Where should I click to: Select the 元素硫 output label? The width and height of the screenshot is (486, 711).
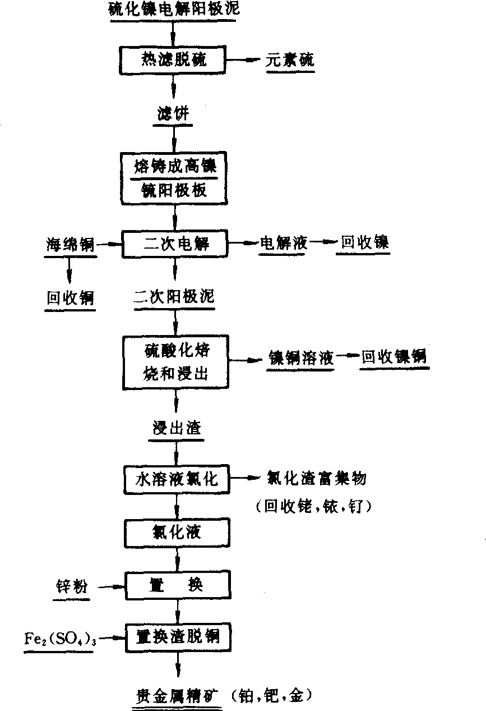pyautogui.click(x=289, y=60)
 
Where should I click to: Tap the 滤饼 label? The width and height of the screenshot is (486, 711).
pyautogui.click(x=173, y=114)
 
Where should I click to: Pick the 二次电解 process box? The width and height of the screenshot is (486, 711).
pyautogui.click(x=175, y=244)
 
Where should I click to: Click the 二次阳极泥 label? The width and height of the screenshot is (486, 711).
pyautogui.click(x=174, y=297)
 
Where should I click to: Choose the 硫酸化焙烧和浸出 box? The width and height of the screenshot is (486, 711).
pyautogui.click(x=176, y=361)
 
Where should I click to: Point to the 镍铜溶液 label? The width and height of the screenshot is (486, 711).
pyautogui.click(x=300, y=357)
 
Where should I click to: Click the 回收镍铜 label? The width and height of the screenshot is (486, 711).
pyautogui.click(x=394, y=356)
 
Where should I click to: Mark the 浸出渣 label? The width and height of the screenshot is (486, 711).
pyautogui.click(x=177, y=428)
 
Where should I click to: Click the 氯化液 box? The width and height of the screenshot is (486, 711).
pyautogui.click(x=177, y=532)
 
